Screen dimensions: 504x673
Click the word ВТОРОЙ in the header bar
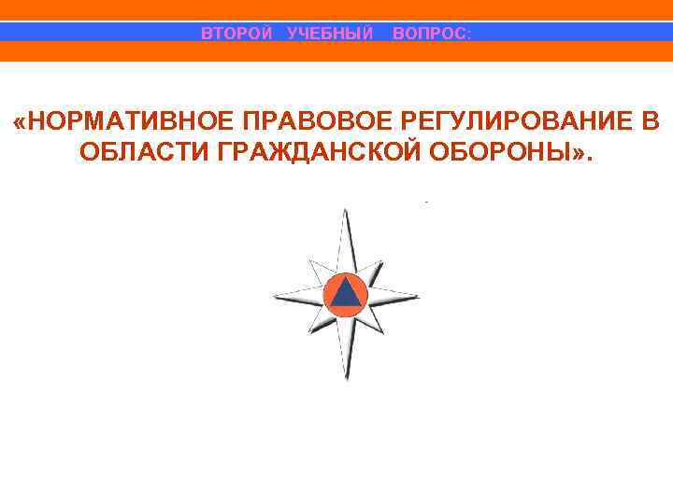[x=237, y=34]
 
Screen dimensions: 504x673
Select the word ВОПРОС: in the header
[x=432, y=34]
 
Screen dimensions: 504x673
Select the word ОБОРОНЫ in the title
[x=504, y=152]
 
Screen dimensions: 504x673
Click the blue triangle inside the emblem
[x=346, y=294]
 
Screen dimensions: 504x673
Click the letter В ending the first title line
[x=651, y=121]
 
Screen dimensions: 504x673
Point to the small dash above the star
[x=425, y=202]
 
